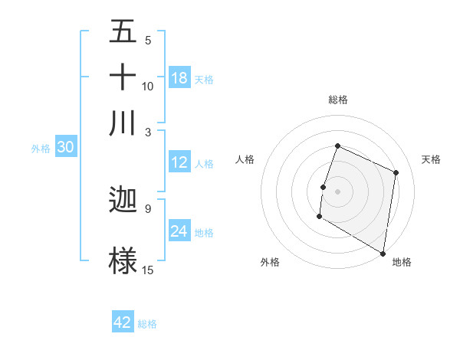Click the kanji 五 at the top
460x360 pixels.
(x=123, y=33)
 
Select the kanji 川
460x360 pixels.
(x=123, y=123)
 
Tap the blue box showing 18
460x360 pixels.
(x=179, y=78)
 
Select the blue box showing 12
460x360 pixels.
(x=179, y=162)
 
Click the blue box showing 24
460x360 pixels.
(x=179, y=231)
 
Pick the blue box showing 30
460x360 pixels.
(x=65, y=148)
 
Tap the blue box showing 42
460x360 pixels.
(x=123, y=322)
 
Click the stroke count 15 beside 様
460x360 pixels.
(x=148, y=270)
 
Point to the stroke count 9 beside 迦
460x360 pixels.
(x=148, y=208)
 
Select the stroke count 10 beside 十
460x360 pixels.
(x=148, y=86)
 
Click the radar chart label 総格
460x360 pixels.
(x=338, y=100)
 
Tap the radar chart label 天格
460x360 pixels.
(x=431, y=159)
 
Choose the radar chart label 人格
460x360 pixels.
(x=245, y=159)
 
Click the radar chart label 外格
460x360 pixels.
(x=270, y=262)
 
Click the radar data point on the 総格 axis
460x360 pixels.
(x=337, y=146)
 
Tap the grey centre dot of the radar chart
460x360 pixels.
(x=337, y=190)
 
